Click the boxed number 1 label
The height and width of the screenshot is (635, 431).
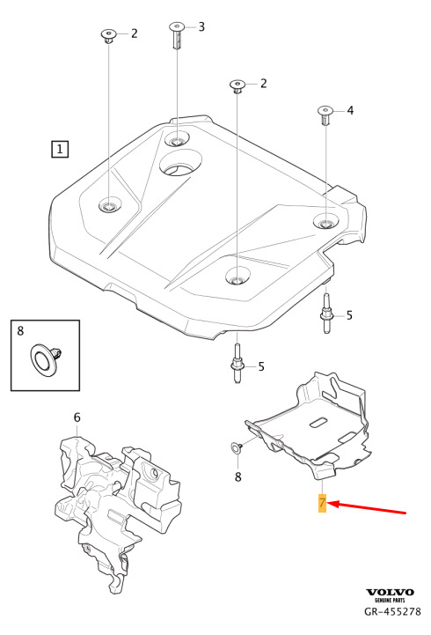click(x=60, y=149)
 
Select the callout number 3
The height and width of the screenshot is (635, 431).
click(x=201, y=27)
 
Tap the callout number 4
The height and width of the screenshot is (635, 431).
click(x=350, y=110)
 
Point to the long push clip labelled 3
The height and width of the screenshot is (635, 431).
click(x=176, y=35)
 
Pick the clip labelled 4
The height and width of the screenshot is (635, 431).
click(x=325, y=115)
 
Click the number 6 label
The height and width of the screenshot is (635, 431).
click(x=77, y=417)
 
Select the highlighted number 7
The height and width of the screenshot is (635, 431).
click(x=322, y=503)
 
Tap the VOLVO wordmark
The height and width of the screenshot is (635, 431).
click(x=390, y=593)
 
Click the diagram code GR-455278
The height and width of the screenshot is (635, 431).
click(x=392, y=611)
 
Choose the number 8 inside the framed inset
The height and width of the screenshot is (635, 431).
click(x=20, y=331)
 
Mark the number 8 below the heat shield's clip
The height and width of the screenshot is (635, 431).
click(x=238, y=476)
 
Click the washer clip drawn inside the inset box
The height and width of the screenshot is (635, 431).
click(x=45, y=358)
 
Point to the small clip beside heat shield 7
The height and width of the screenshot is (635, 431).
click(x=237, y=447)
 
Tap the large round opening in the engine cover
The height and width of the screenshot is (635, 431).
click(x=180, y=162)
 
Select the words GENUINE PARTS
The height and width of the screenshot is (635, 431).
click(x=390, y=600)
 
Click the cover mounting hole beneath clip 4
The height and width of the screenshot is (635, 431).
click(x=325, y=221)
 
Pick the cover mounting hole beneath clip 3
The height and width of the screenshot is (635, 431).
click(x=177, y=139)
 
